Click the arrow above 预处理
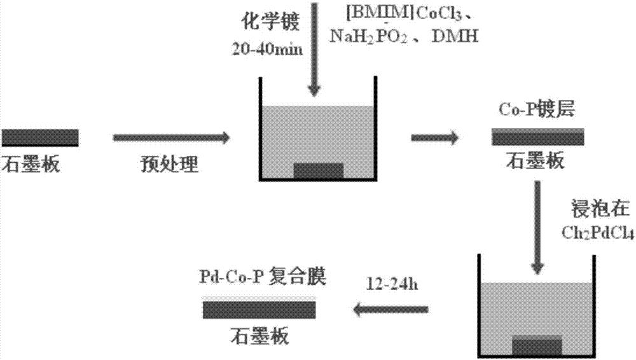pos(170,137)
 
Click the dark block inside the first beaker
pos(318,170)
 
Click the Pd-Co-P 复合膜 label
pos(261,279)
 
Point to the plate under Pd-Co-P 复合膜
pos(259,309)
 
